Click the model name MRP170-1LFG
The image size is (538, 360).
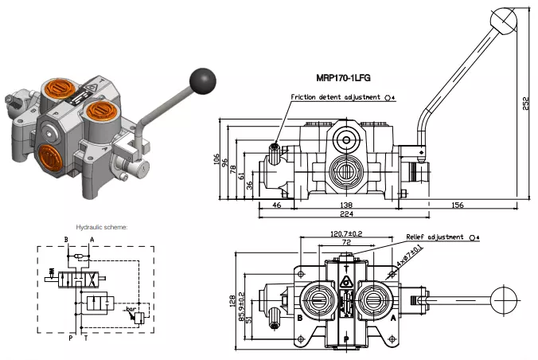coord(344,77)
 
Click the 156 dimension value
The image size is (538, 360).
coord(458,205)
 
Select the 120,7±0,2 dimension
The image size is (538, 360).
coord(346,233)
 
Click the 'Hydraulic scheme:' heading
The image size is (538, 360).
coord(102,226)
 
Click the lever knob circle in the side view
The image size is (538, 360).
coord(503,18)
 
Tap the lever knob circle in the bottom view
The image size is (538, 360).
coord(505,300)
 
